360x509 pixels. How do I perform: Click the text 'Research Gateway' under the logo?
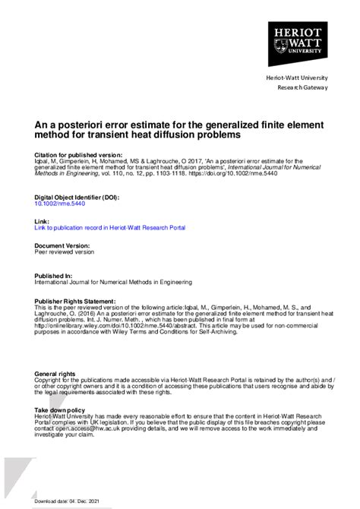(303, 87)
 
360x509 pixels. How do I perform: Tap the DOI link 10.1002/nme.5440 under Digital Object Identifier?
(58, 204)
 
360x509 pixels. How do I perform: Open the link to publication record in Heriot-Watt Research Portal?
(109, 227)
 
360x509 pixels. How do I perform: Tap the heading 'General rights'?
(55, 374)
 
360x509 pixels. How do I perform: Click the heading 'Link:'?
(42, 220)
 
